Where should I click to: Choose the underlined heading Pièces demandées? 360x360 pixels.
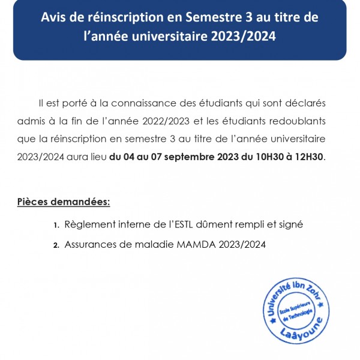click(64, 201)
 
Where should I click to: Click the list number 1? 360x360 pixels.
click(56, 225)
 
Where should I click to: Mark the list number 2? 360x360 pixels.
click(56, 245)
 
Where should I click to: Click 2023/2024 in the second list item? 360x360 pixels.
click(239, 244)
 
